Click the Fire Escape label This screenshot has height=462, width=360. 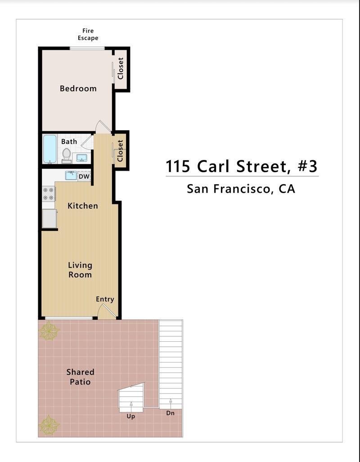click(88, 34)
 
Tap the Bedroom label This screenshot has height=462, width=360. click(78, 89)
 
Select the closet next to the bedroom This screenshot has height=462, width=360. click(121, 68)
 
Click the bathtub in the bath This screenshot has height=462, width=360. click(49, 149)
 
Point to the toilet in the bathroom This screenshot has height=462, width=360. click(67, 155)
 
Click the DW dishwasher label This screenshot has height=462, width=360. click(84, 177)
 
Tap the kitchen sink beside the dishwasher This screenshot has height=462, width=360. click(71, 175)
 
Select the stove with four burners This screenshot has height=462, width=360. click(48, 194)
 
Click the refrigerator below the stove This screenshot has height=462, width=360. click(49, 218)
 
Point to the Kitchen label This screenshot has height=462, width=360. click(83, 206)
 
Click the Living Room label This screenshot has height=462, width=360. click(80, 270)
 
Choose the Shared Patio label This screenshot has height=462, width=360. click(80, 377)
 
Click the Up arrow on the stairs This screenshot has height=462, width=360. click(131, 404)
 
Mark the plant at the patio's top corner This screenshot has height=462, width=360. click(49, 331)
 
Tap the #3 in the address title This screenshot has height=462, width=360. click(308, 166)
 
